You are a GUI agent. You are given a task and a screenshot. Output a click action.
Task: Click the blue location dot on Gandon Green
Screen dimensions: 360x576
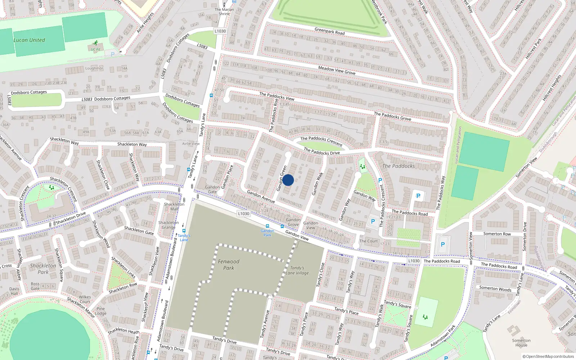click(x=288, y=180)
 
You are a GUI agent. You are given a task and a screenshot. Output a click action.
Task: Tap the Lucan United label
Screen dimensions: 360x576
click(x=29, y=40)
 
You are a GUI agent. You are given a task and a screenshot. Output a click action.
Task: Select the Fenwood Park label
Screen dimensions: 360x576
click(x=229, y=265)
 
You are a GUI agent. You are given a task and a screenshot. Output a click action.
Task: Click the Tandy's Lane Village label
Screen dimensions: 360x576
click(x=297, y=270)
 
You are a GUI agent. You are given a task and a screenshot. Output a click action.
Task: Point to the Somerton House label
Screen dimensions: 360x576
click(x=521, y=343)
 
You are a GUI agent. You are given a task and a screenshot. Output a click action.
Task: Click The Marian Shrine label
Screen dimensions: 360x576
click(x=224, y=12)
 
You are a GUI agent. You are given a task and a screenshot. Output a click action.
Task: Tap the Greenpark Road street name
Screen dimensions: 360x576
click(x=329, y=31)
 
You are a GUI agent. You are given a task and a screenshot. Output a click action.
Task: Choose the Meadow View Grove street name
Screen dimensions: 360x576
click(x=337, y=70)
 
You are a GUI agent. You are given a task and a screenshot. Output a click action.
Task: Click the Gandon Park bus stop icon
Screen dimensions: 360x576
click(x=267, y=226)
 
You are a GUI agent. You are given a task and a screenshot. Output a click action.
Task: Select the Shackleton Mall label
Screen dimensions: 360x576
click(x=174, y=206)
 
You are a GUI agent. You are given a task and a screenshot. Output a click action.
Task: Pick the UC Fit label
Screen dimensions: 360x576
click(x=95, y=50)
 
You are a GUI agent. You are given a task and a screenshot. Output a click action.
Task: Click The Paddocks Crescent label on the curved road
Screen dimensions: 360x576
click(x=321, y=141)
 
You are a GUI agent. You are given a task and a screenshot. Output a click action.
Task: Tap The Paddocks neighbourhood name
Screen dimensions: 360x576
click(x=399, y=166)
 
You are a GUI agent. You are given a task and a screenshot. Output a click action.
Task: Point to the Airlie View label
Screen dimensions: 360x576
click(x=191, y=144)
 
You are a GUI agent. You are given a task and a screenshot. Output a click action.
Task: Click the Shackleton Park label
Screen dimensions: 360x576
click(x=43, y=269)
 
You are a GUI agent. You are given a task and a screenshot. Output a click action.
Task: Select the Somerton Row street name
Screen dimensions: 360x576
click(x=497, y=234)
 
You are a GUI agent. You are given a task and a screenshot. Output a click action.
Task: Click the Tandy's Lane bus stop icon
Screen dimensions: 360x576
click(x=184, y=231)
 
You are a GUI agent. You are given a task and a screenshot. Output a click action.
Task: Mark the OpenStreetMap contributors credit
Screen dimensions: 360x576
click(x=548, y=357)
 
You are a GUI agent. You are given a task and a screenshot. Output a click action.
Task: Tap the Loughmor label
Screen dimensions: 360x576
click(x=94, y=68)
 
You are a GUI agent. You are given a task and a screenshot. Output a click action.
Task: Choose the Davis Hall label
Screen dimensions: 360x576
click(x=14, y=291)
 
